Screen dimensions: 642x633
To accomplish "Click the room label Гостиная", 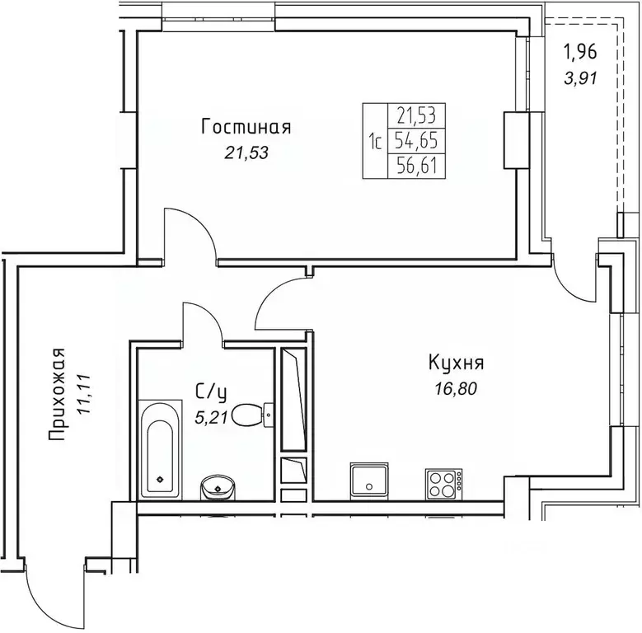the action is point(246,127).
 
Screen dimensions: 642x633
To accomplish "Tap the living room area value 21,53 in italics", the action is point(246,152).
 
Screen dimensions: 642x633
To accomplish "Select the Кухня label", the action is point(456,363).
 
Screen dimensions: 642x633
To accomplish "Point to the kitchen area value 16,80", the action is point(456,388).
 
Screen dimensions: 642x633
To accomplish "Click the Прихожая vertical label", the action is point(57,394).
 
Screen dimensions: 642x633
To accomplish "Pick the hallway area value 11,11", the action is point(85,394).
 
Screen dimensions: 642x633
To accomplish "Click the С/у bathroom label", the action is point(211,392).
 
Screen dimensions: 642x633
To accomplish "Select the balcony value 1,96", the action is point(580,52).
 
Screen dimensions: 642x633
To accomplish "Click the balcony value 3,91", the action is point(580,77).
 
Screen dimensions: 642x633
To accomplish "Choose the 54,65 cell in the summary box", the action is point(416,141).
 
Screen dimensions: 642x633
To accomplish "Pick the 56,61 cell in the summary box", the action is point(416,166).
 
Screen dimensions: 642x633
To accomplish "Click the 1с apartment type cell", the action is point(375,141).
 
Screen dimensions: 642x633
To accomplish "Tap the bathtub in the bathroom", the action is point(160,450).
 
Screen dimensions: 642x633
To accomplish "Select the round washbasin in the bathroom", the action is point(218,488).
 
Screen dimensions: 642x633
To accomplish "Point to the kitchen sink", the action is point(369,481).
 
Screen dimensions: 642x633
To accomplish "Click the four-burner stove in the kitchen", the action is point(444,485).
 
